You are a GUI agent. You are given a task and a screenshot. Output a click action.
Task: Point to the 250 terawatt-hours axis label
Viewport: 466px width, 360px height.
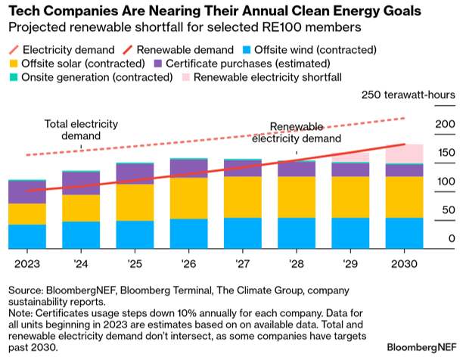[408, 96]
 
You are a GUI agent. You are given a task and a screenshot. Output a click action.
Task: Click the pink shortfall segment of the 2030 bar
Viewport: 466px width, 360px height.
[404, 154]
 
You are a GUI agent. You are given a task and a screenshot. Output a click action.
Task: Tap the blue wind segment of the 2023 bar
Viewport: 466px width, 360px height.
[26, 237]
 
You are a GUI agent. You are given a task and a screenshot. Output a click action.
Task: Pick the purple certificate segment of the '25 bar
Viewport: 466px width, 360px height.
[135, 173]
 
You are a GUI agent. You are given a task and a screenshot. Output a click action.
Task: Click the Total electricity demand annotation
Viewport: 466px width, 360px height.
[73, 130]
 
